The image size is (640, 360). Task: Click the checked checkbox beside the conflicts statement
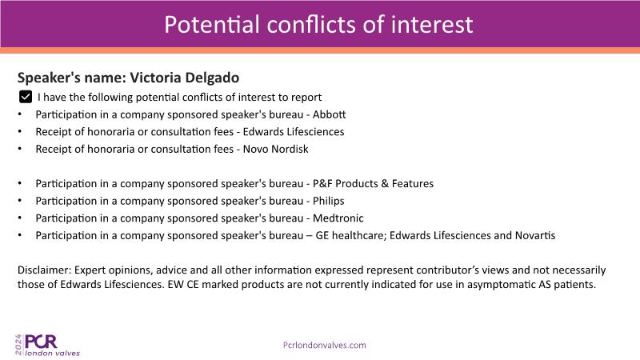[26, 97]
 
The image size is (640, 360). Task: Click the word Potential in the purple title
[212, 25]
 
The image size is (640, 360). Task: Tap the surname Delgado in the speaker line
[212, 78]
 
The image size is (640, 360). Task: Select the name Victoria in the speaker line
[155, 78]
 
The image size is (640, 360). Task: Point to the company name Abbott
[329, 114]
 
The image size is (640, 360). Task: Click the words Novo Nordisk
[275, 149]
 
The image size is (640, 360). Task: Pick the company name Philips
[328, 201]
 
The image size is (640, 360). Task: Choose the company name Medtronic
[338, 218]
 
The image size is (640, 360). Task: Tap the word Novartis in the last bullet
[535, 235]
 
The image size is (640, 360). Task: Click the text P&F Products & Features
[373, 184]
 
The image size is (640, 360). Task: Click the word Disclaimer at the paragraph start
[45, 270]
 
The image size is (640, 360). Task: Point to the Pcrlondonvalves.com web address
[325, 345]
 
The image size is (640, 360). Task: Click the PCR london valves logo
[47, 345]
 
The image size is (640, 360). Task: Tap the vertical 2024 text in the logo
[18, 345]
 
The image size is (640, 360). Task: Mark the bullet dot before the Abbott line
[19, 114]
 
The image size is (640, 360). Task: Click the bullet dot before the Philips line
[19, 201]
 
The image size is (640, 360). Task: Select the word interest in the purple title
[432, 25]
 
